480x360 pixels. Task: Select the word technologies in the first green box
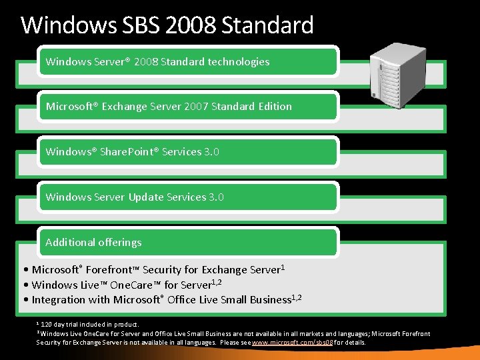coord(238,62)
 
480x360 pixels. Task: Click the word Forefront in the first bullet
coord(111,270)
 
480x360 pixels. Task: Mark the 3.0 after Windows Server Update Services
coord(216,197)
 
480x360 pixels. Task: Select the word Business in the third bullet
coord(269,300)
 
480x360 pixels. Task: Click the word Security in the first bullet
coord(165,270)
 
